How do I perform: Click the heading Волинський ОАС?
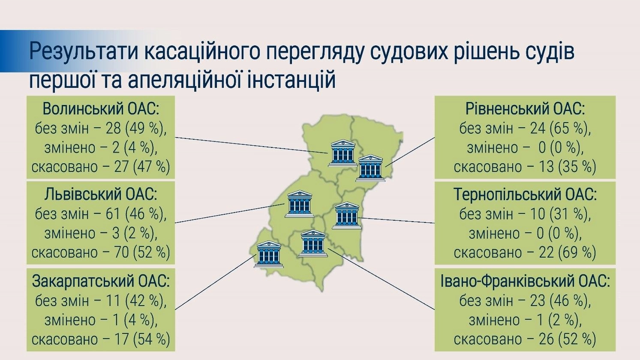(x=101, y=109)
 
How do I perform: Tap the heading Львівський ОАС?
(x=101, y=195)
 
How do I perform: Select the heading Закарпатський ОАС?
(x=101, y=281)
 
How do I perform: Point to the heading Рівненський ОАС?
(x=525, y=109)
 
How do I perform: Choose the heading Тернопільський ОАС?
(x=525, y=195)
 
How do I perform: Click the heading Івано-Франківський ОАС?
(x=525, y=282)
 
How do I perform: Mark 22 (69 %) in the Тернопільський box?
(x=564, y=252)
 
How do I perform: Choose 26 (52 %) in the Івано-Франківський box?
(x=564, y=339)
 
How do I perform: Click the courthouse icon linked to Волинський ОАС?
(x=342, y=153)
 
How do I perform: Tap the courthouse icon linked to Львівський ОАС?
(x=300, y=204)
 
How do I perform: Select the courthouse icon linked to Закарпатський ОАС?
(x=269, y=254)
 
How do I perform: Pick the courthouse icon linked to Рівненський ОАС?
(x=370, y=168)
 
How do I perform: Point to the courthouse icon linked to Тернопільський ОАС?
(x=346, y=216)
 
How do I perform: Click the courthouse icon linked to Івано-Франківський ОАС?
(x=313, y=243)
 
